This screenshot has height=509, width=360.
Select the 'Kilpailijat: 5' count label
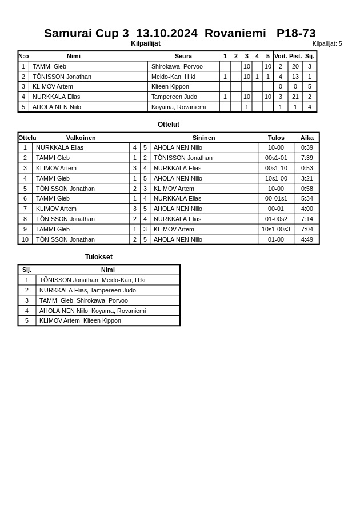pyautogui.click(x=327, y=43)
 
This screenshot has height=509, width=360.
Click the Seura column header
pyautogui.click(x=183, y=56)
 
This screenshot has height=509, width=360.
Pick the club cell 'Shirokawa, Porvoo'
pyautogui.click(x=177, y=66)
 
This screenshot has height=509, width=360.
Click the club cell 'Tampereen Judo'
pyautogui.click(x=174, y=97)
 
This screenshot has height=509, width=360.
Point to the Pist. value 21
pyautogui.click(x=295, y=97)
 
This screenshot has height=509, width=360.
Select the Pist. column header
pyautogui.click(x=295, y=56)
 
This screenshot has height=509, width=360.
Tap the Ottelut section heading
pyautogui.click(x=169, y=125)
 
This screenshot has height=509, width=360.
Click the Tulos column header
pyautogui.click(x=276, y=138)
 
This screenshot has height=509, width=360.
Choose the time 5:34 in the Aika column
pyautogui.click(x=307, y=198)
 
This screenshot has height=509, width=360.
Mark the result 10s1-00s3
pyautogui.click(x=276, y=229)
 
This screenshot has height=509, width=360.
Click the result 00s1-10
pyautogui.click(x=276, y=168)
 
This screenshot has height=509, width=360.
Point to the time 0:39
pyautogui.click(x=307, y=147)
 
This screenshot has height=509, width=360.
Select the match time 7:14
pyautogui.click(x=307, y=219)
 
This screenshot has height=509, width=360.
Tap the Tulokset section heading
pyautogui.click(x=99, y=257)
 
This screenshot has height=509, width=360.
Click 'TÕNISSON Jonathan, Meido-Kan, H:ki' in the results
pyautogui.click(x=92, y=280)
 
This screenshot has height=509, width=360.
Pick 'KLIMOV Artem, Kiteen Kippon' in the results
pyautogui.click(x=80, y=320)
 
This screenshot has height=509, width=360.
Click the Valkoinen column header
pyautogui.click(x=81, y=138)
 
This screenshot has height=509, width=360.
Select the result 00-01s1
pyautogui.click(x=276, y=198)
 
